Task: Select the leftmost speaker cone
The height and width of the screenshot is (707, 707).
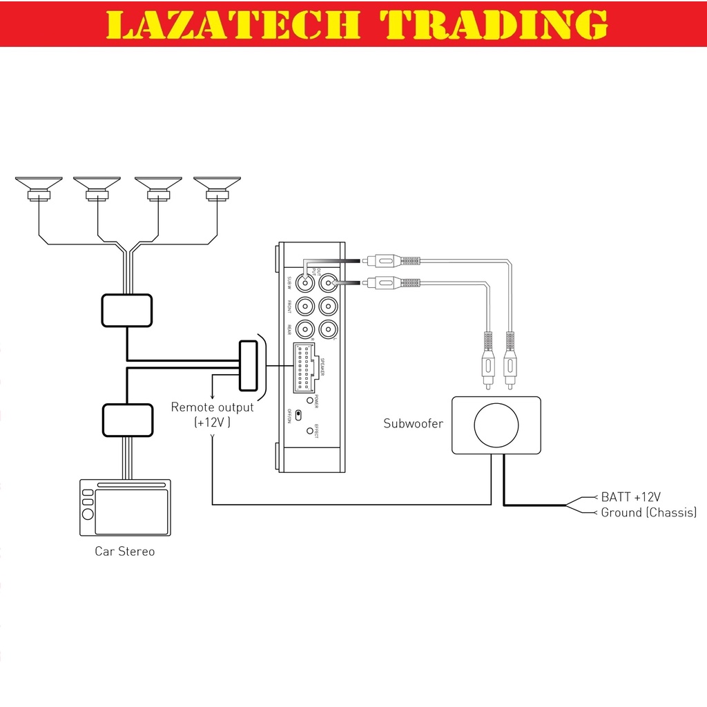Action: pyautogui.click(x=39, y=184)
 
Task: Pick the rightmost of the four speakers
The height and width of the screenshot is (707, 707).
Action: pyautogui.click(x=217, y=184)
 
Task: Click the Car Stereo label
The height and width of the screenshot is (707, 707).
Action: pyautogui.click(x=124, y=552)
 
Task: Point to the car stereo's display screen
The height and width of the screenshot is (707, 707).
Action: pyautogui.click(x=131, y=512)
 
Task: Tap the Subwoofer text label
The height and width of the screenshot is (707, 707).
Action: pyautogui.click(x=413, y=423)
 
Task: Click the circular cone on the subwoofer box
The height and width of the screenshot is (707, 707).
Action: pyautogui.click(x=496, y=425)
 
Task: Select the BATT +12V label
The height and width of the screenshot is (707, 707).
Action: pyautogui.click(x=630, y=496)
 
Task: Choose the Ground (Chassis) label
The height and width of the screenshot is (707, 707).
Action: pyautogui.click(x=648, y=512)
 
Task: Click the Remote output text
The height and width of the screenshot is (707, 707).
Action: pyautogui.click(x=212, y=407)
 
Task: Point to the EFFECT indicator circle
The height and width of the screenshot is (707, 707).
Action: pyautogui.click(x=309, y=431)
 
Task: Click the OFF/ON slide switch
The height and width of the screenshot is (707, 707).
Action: pyautogui.click(x=298, y=415)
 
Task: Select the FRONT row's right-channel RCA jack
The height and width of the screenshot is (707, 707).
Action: pyautogui.click(x=304, y=305)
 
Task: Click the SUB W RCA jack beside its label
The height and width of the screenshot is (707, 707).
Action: pyautogui.click(x=304, y=282)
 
